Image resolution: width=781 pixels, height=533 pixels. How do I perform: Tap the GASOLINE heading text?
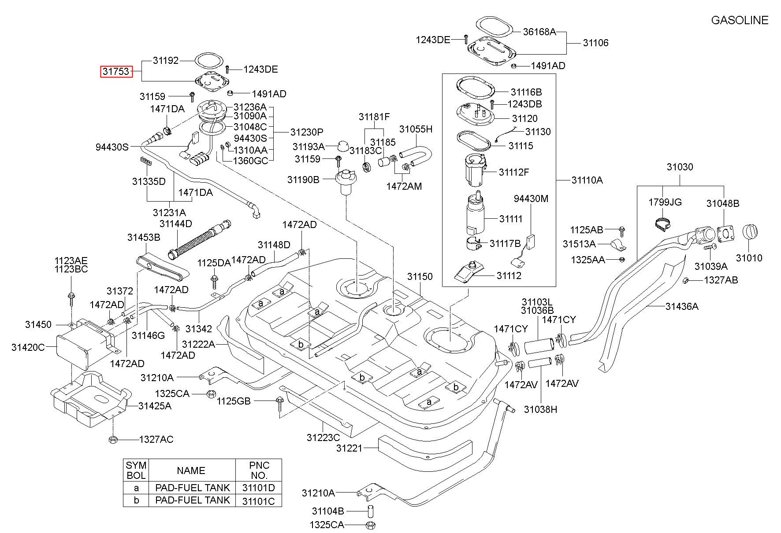pos(740,20)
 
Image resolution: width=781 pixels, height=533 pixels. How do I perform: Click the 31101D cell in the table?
pos(259,488)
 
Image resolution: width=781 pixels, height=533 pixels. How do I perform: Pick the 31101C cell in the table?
pos(259,500)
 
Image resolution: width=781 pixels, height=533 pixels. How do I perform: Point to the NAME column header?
pos(191,471)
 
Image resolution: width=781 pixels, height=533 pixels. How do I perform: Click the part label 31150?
pos(420,277)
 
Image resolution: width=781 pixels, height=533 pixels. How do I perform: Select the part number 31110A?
pos(587,180)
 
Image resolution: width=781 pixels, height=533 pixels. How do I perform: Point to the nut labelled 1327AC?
pos(112,439)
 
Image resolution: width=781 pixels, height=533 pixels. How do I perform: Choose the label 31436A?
pos(682,306)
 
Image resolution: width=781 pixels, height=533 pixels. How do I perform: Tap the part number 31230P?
pos(307,132)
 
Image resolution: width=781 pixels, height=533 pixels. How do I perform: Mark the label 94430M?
pos(531,199)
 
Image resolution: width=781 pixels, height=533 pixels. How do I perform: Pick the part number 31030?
pos(680,167)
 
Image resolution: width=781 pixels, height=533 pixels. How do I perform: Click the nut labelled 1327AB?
pos(686,280)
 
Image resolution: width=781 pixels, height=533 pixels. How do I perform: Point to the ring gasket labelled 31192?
pos(209,61)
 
